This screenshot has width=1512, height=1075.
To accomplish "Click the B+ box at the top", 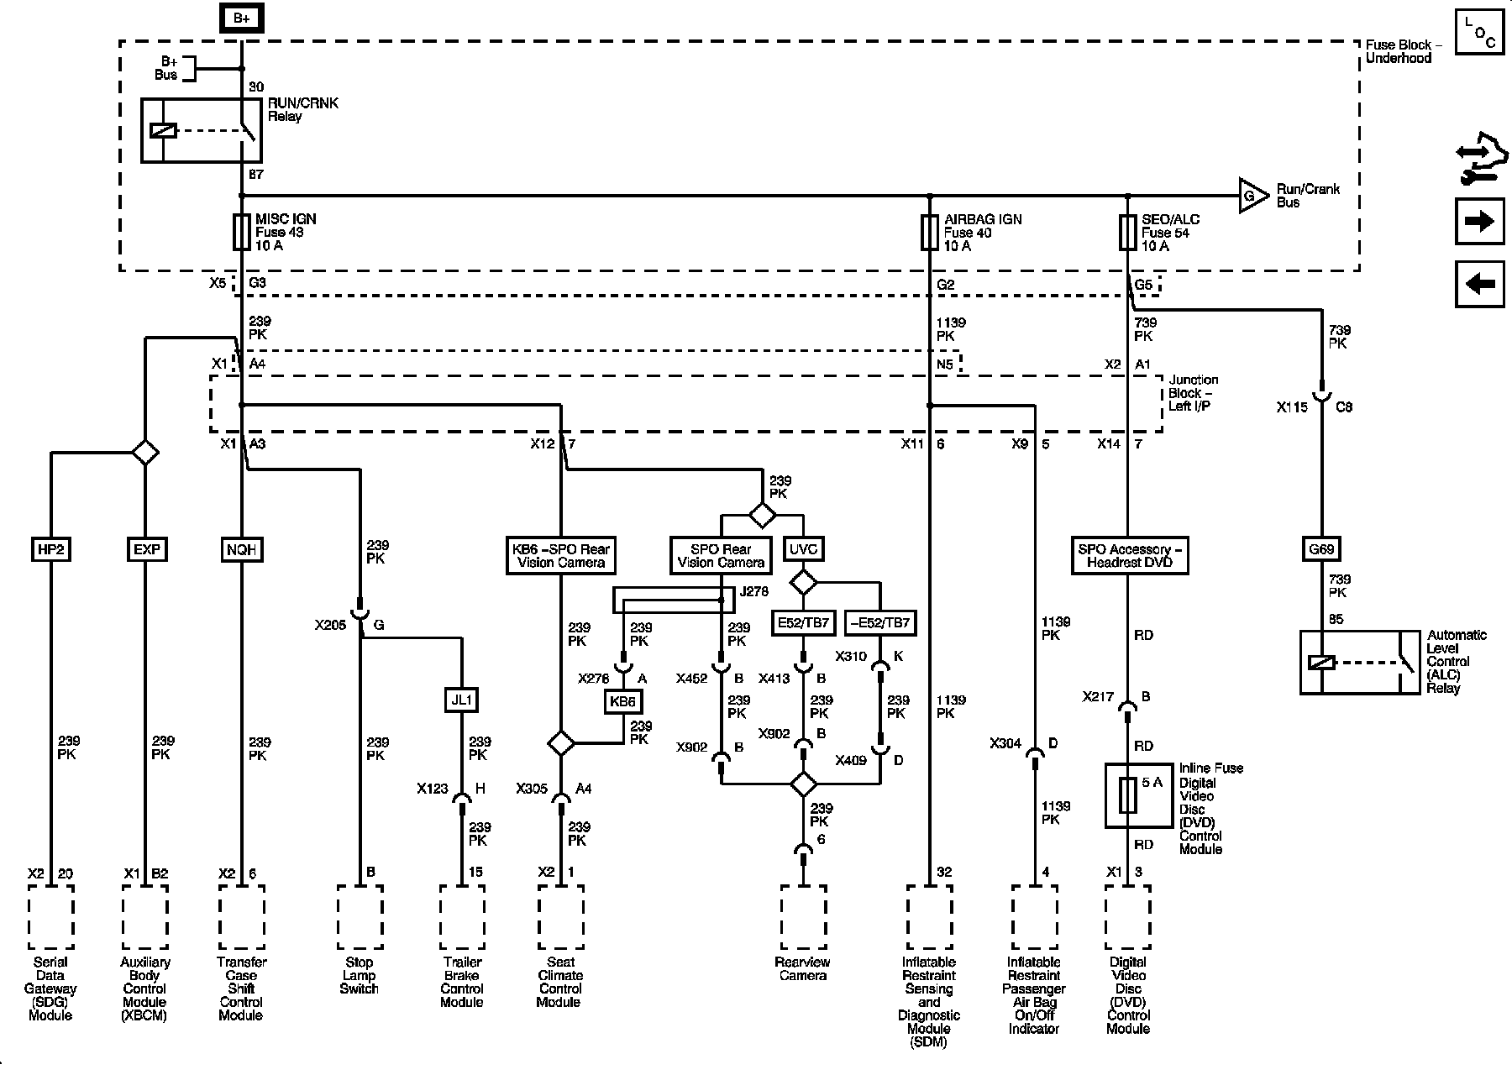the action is [x=241, y=18].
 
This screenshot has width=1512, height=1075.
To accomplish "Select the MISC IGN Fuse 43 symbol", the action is [x=242, y=232].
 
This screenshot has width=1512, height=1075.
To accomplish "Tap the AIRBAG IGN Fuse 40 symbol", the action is [x=929, y=233].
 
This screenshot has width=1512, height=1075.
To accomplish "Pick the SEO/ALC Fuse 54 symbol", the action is [x=1127, y=233].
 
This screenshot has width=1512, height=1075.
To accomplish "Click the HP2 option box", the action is [x=51, y=549].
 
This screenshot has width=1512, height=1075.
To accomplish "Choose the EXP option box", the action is [x=146, y=549].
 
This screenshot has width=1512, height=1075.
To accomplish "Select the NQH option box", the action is [x=242, y=549].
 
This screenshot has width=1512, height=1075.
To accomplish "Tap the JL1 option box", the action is [x=462, y=699].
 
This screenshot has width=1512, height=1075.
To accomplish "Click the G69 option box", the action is [x=1321, y=549].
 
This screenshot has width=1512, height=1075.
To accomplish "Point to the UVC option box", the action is [x=803, y=549].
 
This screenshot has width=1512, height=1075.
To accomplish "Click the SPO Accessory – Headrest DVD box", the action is [x=1129, y=555].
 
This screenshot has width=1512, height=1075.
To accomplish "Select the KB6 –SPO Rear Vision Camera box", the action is [x=560, y=555].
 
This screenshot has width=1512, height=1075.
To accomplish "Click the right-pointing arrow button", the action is [x=1479, y=221].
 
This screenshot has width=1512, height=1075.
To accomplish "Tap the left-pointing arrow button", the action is [x=1479, y=284].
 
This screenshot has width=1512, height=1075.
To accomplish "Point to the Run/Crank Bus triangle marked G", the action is [x=1252, y=196].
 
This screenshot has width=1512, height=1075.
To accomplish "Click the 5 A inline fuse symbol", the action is [x=1127, y=794].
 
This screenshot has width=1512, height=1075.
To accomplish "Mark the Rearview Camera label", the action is [x=803, y=968].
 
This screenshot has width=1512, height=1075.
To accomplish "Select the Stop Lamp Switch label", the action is [x=360, y=975].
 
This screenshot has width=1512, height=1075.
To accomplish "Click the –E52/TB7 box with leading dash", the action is [x=880, y=622].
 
